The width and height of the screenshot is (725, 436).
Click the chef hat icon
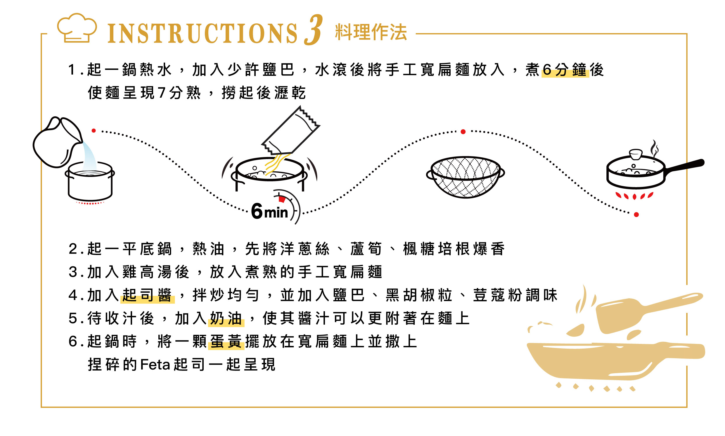(77, 28)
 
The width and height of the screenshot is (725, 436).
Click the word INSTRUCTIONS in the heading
(203, 34)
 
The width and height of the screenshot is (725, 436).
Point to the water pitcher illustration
(58, 142)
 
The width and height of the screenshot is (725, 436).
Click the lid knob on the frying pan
(636, 154)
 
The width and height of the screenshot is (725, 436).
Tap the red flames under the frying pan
(634, 196)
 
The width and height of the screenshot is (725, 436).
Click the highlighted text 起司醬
(147, 295)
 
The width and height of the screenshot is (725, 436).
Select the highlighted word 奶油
(226, 318)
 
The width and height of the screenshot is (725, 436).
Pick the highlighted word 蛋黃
(226, 341)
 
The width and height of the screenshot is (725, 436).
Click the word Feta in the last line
(155, 365)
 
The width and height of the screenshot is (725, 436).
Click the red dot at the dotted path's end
(636, 215)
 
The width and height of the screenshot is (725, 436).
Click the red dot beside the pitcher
(94, 130)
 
